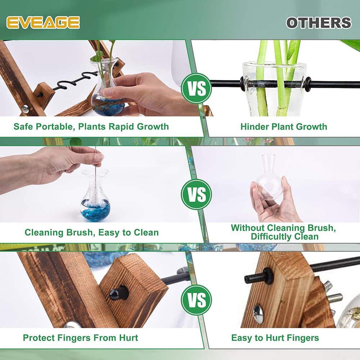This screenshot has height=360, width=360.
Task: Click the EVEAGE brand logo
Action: coord(43,22)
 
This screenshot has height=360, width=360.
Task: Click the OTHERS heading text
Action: coord(319,23)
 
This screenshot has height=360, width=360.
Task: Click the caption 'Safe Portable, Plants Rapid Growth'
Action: coord(91,126)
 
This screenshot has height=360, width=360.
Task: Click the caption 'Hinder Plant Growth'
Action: coord(284,126)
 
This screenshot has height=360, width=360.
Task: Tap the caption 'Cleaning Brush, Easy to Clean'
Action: coord(91,232)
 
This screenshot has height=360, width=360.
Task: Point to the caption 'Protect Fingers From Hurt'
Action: coord(80,338)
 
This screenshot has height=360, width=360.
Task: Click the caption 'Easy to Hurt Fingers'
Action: coord(275,338)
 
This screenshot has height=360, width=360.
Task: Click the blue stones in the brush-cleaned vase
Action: coord(95,212)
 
